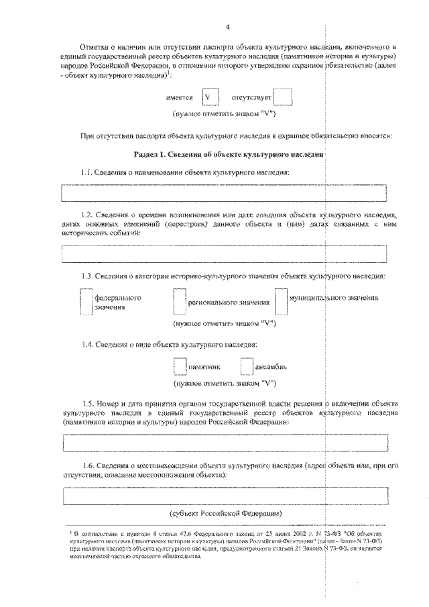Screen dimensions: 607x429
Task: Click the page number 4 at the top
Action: point(228,27)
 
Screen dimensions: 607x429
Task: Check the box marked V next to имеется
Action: point(209,97)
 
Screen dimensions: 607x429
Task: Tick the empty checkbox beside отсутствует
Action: point(284,97)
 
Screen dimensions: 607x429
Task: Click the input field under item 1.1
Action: point(224,192)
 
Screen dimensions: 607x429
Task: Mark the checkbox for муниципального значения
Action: point(280,302)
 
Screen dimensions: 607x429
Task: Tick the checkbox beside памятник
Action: point(179,366)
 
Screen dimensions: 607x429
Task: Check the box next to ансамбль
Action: point(246,366)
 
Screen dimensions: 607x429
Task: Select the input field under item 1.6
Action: point(224,497)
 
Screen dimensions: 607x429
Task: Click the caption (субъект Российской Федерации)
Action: point(229,513)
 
